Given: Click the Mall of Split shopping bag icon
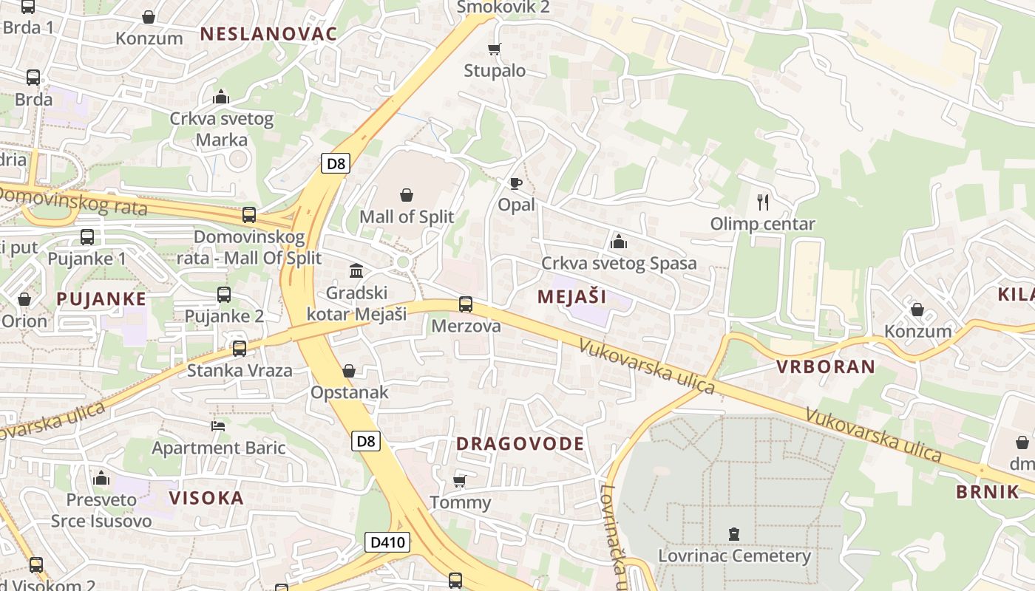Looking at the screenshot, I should point(407,195).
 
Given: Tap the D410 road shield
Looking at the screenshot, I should point(387,543).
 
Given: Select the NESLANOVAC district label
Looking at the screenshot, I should point(268,33).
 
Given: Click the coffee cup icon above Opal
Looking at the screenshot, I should point(515,183).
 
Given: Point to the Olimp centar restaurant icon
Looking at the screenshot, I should point(763,202).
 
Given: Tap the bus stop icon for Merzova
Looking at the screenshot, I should point(466,304).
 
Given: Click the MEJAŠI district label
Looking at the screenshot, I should point(571,297).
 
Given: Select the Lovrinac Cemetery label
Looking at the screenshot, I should point(734,556).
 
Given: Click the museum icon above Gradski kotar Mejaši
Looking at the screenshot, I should point(356,270).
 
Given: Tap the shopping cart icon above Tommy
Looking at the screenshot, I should point(459,482).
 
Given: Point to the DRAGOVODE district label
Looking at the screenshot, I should point(520,444).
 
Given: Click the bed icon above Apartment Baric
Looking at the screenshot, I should point(218,426).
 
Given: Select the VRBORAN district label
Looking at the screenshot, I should point(825,366).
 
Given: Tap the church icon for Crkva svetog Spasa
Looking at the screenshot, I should point(619,242).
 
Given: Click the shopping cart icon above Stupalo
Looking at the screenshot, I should point(495,49).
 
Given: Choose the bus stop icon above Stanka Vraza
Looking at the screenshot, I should point(239,349).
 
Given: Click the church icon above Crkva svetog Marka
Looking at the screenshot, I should point(221,97).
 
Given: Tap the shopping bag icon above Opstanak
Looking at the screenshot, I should point(349,371).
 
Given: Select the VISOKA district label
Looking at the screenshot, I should point(206,498).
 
